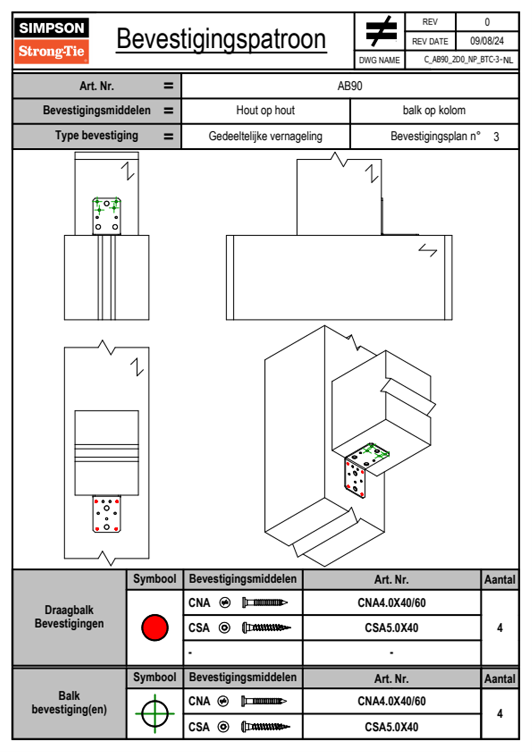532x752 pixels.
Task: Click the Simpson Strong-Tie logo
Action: click(x=51, y=41)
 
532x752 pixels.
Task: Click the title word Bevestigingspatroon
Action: click(x=221, y=39)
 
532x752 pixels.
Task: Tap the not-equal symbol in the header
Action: click(x=380, y=31)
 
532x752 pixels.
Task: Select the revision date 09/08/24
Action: click(x=486, y=41)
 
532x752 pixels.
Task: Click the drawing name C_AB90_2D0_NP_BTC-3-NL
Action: click(x=468, y=60)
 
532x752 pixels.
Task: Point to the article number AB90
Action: click(x=350, y=86)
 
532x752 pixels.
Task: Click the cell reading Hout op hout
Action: click(x=266, y=110)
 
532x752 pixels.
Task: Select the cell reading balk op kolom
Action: click(x=434, y=110)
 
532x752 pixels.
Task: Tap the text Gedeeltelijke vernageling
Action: click(x=266, y=136)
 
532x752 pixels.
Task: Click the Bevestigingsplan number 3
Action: click(x=496, y=137)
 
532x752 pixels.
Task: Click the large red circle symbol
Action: click(x=155, y=627)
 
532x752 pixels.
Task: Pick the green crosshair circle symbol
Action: click(x=155, y=714)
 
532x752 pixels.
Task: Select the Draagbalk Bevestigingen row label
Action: click(x=69, y=617)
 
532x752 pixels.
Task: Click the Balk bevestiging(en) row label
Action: click(x=69, y=703)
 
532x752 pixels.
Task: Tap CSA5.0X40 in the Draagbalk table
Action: click(x=392, y=628)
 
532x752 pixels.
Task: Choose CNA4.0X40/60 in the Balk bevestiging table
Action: click(x=392, y=701)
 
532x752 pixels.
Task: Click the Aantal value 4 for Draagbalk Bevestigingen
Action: click(x=500, y=628)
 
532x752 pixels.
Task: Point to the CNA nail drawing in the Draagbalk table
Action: click(x=265, y=603)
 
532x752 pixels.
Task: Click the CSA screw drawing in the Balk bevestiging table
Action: click(x=266, y=727)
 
